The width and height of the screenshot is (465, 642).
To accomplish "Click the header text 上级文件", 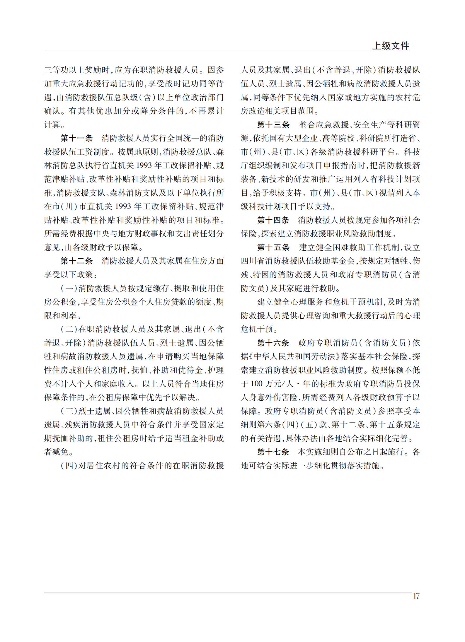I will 390,46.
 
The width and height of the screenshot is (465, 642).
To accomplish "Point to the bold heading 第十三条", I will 273,125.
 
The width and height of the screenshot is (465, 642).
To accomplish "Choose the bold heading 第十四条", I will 273,220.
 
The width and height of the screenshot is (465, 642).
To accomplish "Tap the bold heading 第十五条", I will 273,247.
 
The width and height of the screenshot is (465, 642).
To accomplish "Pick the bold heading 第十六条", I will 273,343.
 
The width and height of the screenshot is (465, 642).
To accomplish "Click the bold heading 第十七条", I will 273,452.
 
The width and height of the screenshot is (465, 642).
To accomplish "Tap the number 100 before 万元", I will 258,384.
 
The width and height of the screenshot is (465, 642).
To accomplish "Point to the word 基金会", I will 343,261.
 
